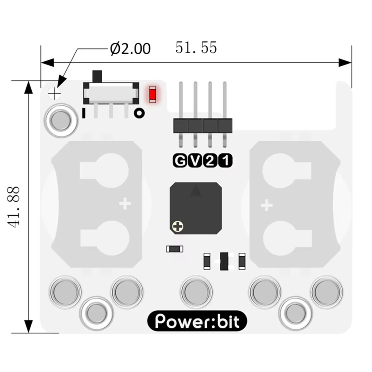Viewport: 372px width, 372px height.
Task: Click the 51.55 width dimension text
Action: (196, 48)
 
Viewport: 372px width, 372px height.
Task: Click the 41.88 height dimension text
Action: (15, 207)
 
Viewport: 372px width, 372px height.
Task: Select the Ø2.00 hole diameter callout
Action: (131, 49)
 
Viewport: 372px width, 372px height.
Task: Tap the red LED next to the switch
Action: (152, 95)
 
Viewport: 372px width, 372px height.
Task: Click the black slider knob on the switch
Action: (97, 76)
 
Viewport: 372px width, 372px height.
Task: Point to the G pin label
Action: (179, 161)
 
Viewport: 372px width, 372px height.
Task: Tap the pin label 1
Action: (225, 161)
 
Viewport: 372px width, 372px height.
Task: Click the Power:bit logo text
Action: (197, 321)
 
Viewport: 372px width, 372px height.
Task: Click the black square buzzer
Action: (196, 208)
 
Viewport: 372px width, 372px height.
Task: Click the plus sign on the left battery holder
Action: (125, 204)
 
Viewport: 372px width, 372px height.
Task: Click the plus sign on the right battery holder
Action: (266, 205)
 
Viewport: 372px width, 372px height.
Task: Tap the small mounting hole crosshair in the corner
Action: (55, 93)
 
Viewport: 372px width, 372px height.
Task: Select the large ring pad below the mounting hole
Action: (61, 120)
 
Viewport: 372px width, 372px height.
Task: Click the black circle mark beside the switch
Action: (139, 113)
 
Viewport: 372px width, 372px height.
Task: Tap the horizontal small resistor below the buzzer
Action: (175, 249)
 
